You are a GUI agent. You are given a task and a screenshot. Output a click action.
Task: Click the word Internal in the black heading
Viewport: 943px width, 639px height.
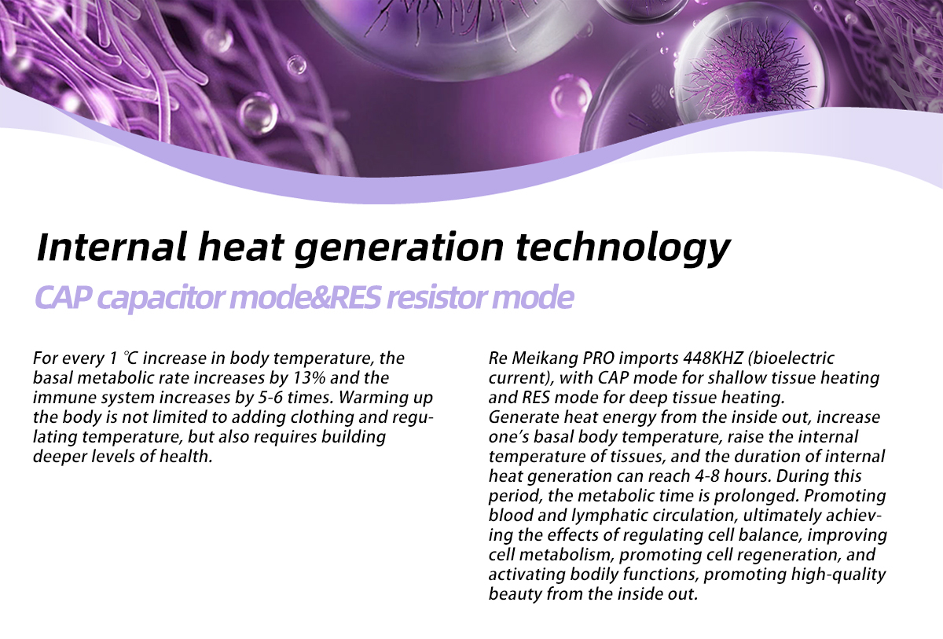tap(111, 247)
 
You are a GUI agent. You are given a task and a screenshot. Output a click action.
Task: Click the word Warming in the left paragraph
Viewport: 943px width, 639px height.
tap(365, 398)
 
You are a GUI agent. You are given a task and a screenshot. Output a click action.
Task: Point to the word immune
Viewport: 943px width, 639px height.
tap(57, 398)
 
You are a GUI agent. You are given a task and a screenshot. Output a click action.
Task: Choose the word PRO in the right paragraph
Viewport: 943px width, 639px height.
tap(598, 358)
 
